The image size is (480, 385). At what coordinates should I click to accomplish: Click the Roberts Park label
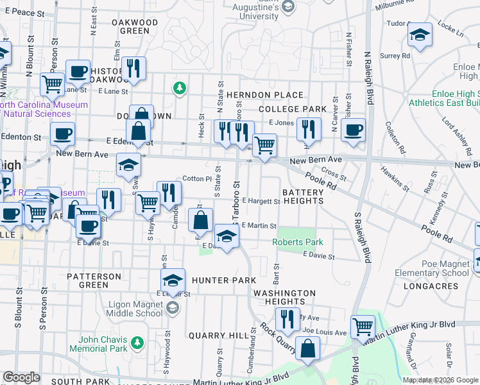pos(297,242)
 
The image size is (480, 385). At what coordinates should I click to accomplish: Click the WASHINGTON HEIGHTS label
pos(284,297)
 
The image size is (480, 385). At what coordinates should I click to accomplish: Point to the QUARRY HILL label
pos(219,336)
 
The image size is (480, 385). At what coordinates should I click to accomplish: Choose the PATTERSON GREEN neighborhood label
pos(94,280)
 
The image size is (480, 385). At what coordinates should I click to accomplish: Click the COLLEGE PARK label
pos(293,110)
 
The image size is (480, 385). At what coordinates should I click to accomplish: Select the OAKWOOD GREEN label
pos(135,26)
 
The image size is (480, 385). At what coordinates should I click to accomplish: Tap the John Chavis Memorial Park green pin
pos(136,343)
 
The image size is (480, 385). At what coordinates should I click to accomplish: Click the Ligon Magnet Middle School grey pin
pos(172,309)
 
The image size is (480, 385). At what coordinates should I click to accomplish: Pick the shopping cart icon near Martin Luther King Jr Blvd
pos(363,326)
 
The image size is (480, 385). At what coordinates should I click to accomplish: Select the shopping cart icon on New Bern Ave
pos(264,145)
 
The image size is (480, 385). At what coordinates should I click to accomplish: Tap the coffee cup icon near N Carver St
pos(353,130)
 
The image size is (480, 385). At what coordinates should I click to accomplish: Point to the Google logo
pos(21,377)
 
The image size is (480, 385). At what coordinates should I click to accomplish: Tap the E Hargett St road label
pos(261,201)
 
